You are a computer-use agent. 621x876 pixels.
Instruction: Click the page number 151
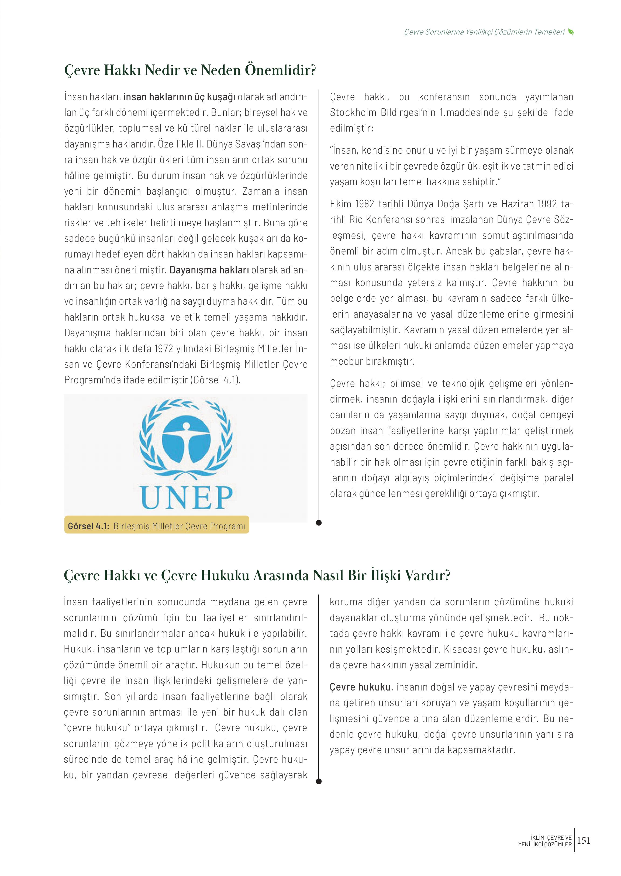584,840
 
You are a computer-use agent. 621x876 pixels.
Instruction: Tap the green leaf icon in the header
571,32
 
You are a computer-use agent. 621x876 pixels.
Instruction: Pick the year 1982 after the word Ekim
364,204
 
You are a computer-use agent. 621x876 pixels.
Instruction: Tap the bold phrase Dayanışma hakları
209,270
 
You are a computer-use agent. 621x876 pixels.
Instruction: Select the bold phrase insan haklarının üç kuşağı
179,97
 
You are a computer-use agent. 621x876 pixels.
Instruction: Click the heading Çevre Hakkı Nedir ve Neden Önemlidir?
190,70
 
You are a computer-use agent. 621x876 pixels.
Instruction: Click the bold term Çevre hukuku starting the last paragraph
360,687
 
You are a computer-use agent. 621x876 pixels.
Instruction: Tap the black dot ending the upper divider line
319,523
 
